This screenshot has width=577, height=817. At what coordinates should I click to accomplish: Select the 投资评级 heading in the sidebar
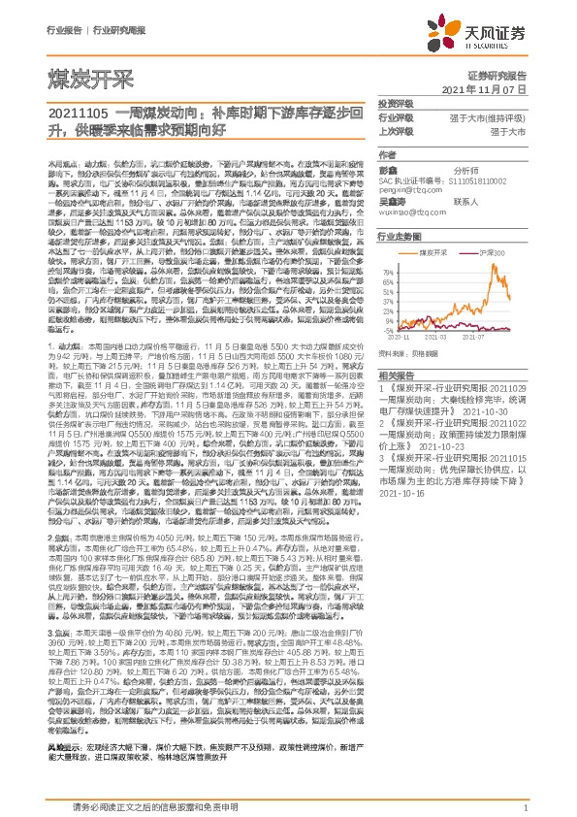395,103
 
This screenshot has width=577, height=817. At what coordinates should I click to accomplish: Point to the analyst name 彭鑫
387,168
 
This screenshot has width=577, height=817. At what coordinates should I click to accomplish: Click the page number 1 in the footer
525,806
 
